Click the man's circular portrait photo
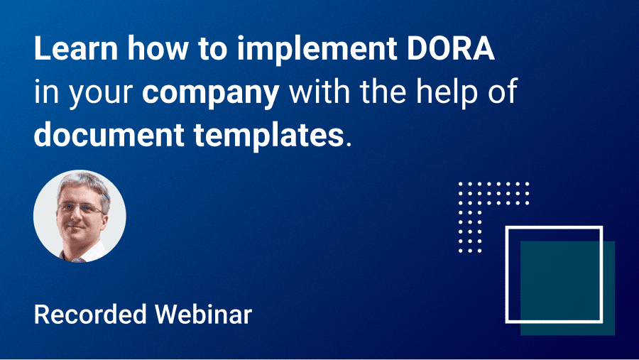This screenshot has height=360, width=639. [x=80, y=216]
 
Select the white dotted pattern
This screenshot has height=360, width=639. [x=490, y=206]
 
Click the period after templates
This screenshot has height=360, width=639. [x=348, y=141]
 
